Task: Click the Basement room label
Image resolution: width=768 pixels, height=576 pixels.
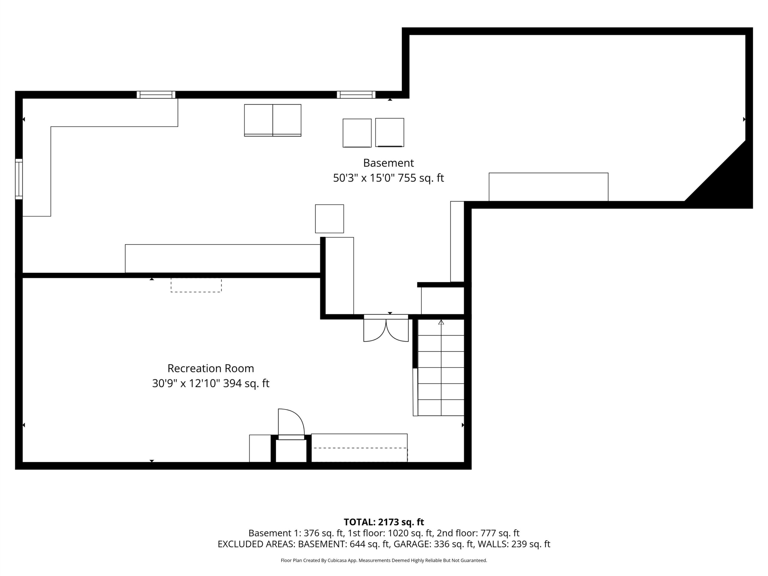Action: [388, 163]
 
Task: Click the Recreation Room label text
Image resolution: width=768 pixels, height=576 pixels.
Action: [210, 368]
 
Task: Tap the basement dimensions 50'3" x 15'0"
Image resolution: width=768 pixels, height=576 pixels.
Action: [364, 178]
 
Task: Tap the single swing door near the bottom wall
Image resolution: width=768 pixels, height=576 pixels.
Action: [291, 424]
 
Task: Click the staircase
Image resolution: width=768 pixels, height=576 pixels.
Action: [441, 367]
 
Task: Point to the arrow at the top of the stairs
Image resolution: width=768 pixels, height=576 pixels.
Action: [441, 322]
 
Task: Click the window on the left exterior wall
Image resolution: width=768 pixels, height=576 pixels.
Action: [19, 179]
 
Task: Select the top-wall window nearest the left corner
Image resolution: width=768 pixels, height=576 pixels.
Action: [156, 95]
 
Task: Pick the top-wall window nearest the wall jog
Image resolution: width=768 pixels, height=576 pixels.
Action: [356, 95]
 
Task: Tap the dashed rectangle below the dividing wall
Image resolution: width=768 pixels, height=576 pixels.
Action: [196, 285]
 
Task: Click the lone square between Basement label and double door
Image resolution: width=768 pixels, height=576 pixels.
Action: [329, 219]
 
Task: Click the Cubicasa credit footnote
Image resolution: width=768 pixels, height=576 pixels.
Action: [384, 560]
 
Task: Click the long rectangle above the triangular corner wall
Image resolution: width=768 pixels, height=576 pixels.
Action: [549, 187]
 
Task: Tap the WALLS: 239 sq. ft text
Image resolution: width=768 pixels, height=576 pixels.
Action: [514, 544]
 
